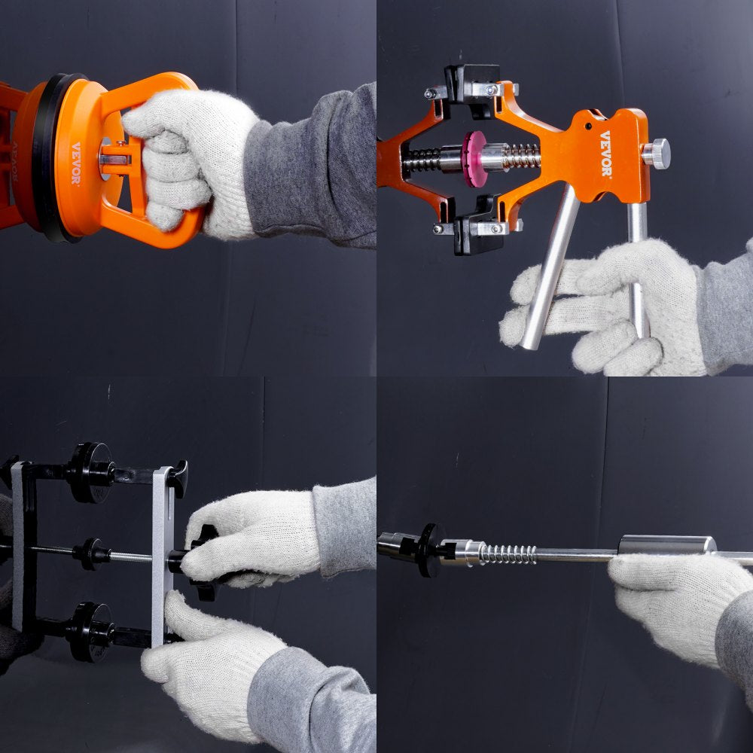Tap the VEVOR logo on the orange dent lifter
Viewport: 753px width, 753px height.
pos(606,154)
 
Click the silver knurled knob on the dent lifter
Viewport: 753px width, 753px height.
pos(657,154)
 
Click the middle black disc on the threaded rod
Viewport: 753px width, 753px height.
pos(93,553)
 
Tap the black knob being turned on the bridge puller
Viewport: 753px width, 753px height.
pos(201,561)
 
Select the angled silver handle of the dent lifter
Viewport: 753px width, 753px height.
pos(551,267)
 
